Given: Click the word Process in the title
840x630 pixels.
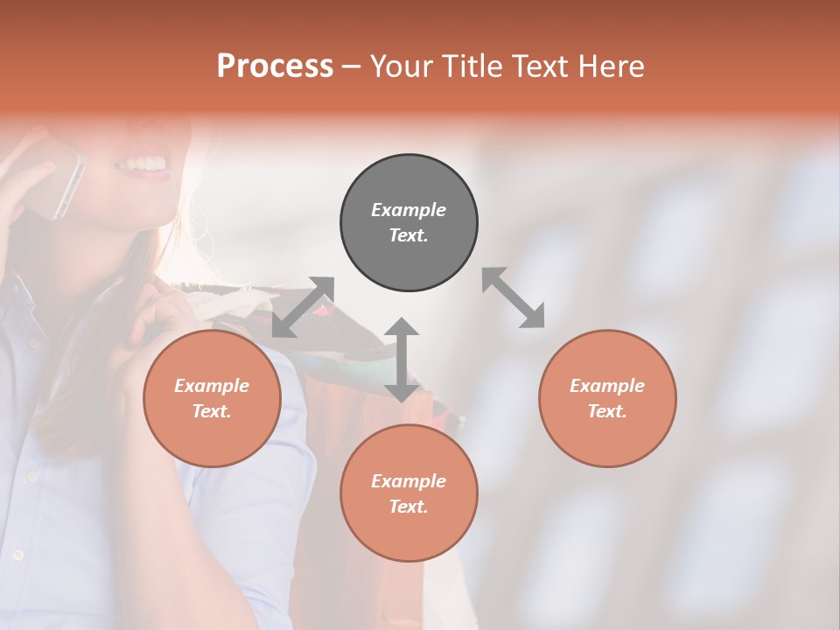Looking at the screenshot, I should (x=275, y=66).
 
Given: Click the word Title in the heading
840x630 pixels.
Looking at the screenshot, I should (x=472, y=66).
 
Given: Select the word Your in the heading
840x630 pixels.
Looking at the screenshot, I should (x=402, y=66).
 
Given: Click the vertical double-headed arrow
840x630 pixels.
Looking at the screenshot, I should (x=402, y=360).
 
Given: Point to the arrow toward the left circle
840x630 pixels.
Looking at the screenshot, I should (x=303, y=307).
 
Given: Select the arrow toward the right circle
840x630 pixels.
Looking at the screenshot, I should (x=514, y=297).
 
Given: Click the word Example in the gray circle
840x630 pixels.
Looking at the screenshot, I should (x=409, y=210).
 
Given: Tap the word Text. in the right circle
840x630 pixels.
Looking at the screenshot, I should (x=607, y=411).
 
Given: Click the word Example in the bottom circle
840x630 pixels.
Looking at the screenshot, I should (x=409, y=481).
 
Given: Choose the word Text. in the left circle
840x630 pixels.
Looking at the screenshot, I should (x=212, y=411).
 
